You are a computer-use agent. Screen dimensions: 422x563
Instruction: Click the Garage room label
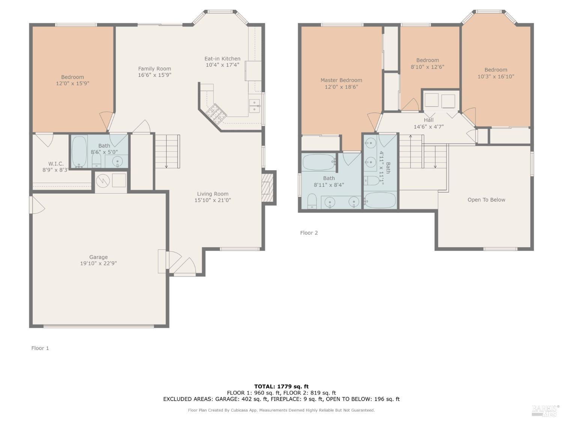(x=98, y=257)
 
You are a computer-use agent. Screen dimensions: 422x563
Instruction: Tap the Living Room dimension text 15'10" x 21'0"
(x=212, y=200)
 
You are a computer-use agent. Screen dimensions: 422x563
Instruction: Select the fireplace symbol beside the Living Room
(x=267, y=187)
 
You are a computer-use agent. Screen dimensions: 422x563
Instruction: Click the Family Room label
(x=154, y=69)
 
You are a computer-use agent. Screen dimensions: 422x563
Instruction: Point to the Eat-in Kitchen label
(x=222, y=59)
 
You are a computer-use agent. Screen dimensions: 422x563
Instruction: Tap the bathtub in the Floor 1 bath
(x=79, y=152)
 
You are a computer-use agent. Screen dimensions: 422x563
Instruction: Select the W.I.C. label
(x=56, y=164)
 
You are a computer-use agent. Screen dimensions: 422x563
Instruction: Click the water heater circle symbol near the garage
(x=102, y=181)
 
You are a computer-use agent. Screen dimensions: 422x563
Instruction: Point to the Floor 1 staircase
(x=167, y=151)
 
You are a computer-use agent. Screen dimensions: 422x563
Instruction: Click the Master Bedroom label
(x=341, y=80)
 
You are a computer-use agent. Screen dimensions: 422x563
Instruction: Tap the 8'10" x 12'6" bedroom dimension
(x=428, y=67)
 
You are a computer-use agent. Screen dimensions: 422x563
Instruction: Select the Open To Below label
(x=486, y=200)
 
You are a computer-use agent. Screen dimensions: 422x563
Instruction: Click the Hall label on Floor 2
(x=429, y=120)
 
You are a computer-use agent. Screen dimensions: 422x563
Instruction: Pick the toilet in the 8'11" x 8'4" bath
(x=312, y=201)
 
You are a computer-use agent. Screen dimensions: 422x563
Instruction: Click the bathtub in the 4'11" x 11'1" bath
(x=380, y=200)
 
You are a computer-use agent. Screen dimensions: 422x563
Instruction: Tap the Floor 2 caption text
(x=309, y=233)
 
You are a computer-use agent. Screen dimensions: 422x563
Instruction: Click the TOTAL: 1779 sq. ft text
(x=281, y=386)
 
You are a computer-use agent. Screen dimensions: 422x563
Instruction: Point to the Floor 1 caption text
(x=40, y=348)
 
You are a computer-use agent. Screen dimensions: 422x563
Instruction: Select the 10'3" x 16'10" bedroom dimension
(x=495, y=77)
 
